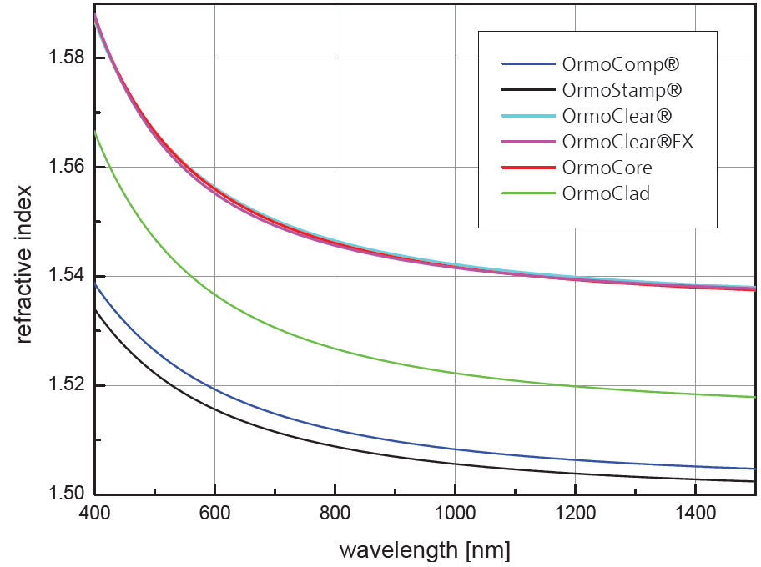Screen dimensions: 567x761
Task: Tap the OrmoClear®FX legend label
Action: coord(628,142)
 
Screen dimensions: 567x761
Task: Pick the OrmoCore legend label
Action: coord(607,168)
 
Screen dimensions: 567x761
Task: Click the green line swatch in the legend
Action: coord(528,193)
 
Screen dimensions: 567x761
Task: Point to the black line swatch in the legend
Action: coord(528,89)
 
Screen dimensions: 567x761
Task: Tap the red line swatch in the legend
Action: coord(528,168)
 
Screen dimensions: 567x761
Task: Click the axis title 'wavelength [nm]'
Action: coord(424,550)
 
